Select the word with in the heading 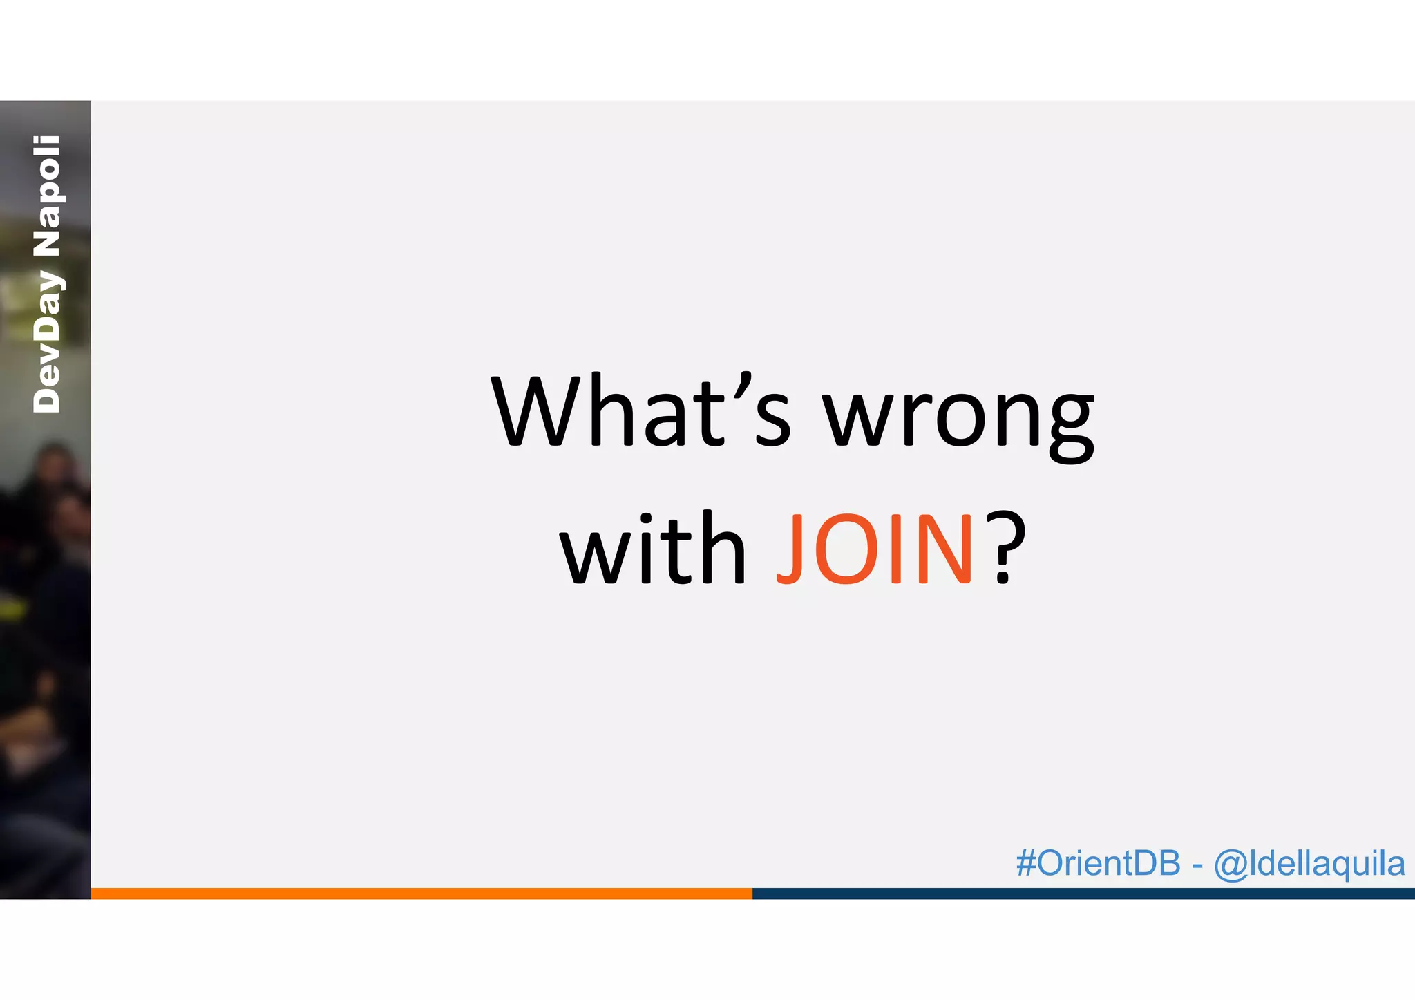[x=652, y=549]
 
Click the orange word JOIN [x=875, y=549]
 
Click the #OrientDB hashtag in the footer [x=1098, y=863]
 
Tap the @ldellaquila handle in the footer [x=1309, y=865]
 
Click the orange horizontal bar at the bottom [x=421, y=894]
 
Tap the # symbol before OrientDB [x=1025, y=863]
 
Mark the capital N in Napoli [x=47, y=242]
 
